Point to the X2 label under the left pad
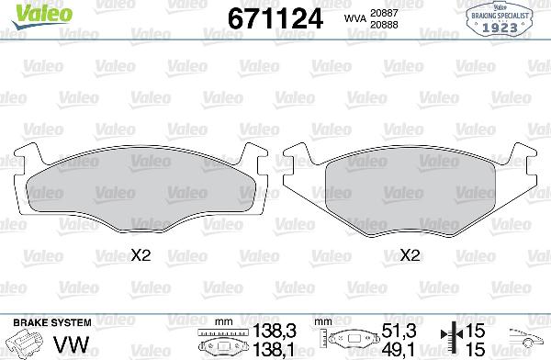tap(141, 256)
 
